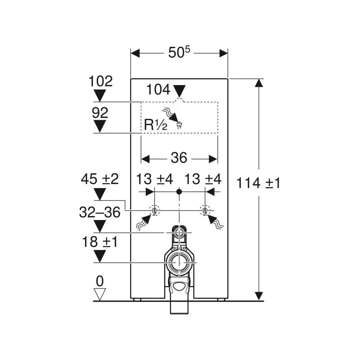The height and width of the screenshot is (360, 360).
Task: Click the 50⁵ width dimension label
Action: (179, 53)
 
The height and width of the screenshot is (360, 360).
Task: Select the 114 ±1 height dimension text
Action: (259, 183)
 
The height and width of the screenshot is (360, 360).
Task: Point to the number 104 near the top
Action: (158, 90)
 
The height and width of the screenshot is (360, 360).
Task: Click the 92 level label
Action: (100, 112)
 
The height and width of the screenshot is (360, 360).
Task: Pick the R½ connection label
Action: (156, 125)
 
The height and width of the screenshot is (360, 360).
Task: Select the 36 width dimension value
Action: (179, 158)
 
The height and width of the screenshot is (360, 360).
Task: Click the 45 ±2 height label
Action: (100, 179)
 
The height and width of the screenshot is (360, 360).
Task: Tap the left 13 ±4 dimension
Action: (154, 179)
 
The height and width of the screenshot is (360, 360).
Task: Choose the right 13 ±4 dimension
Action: (203, 179)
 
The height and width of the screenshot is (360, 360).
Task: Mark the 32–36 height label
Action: (100, 211)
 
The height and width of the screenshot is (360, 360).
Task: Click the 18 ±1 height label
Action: (100, 242)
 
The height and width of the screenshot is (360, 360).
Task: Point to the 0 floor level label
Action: (99, 281)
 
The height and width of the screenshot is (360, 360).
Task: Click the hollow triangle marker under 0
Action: (99, 294)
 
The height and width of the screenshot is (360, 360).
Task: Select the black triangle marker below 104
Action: (180, 91)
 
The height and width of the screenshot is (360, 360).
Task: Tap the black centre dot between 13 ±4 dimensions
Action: (179, 192)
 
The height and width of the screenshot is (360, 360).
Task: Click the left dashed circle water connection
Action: (154, 210)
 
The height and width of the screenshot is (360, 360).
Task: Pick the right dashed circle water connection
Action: (205, 210)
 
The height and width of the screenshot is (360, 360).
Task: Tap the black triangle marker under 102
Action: (99, 95)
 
